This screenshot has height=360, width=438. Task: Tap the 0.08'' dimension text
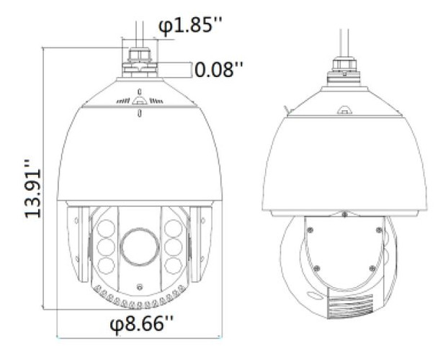coord(220,69)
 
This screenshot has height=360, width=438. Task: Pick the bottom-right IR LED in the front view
coord(173,264)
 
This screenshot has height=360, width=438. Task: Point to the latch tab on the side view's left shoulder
coord(287,109)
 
